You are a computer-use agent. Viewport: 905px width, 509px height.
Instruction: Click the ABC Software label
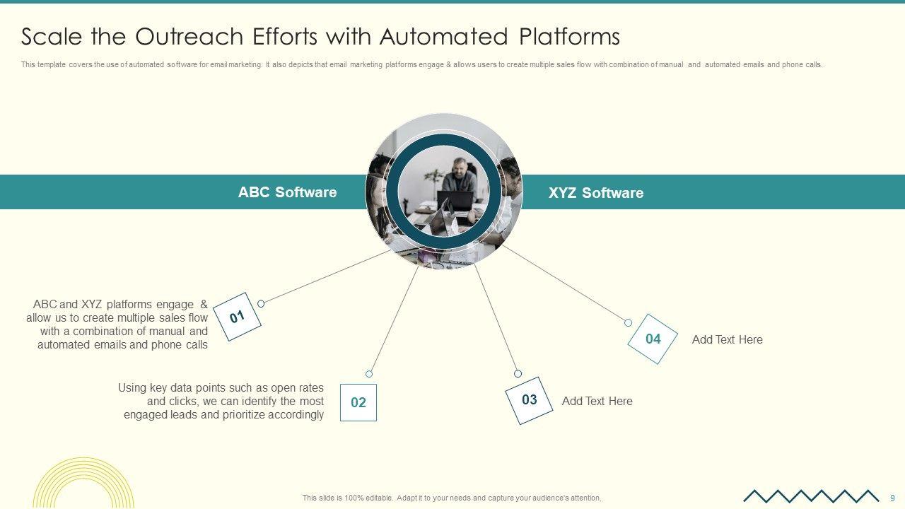(x=287, y=192)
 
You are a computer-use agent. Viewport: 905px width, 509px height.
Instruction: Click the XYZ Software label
(x=596, y=193)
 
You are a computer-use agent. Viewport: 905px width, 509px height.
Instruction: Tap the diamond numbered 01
(x=237, y=317)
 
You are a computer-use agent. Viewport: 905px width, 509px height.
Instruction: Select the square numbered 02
(x=358, y=402)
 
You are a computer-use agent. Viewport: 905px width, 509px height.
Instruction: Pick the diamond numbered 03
(x=529, y=400)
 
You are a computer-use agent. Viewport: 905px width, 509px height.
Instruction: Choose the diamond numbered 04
(x=653, y=339)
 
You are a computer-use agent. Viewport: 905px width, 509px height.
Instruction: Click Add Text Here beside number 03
(x=597, y=401)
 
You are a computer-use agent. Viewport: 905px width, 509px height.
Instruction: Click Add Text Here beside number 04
(x=727, y=339)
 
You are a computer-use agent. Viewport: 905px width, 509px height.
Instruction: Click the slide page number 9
(x=892, y=498)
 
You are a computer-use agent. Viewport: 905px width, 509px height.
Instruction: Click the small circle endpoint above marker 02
(x=369, y=374)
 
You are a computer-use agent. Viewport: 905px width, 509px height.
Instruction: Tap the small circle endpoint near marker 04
(x=628, y=322)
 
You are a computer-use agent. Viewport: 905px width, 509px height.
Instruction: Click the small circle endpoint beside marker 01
(x=261, y=303)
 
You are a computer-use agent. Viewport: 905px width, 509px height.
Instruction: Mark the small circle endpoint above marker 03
(x=518, y=373)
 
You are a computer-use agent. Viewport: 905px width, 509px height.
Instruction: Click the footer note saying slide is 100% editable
(x=452, y=498)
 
